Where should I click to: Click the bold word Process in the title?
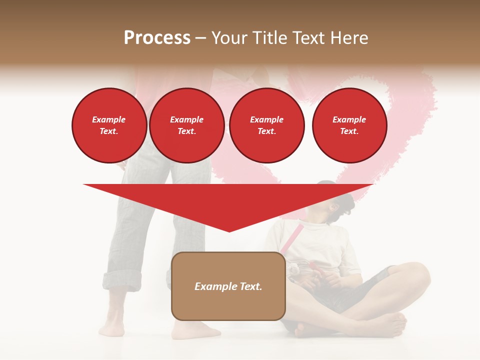(157, 38)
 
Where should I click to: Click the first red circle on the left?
(109, 125)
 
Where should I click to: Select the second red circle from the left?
(186, 125)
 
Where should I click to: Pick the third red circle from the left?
(266, 125)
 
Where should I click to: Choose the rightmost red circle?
(349, 125)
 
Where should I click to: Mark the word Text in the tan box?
(250, 286)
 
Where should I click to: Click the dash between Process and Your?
(200, 38)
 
